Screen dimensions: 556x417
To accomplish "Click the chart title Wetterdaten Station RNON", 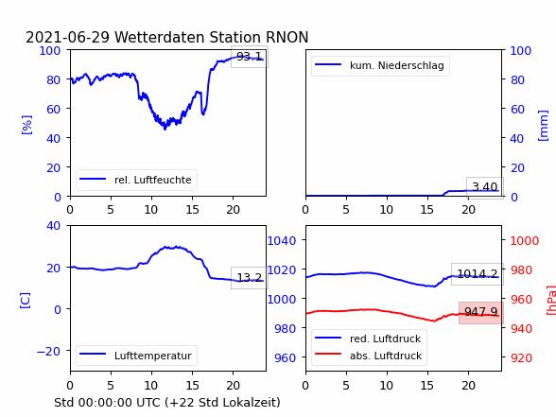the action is (212, 37).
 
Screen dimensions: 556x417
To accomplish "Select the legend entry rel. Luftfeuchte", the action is (136, 180).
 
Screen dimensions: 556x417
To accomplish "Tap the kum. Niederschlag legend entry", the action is (379, 65).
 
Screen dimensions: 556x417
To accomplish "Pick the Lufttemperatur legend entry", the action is (136, 356).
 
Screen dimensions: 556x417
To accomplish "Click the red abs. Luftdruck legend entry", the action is (369, 356).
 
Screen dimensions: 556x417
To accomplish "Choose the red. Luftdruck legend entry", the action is (368, 339).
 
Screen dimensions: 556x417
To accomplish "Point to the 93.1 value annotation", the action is (250, 57).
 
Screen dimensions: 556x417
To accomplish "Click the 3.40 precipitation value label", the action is (485, 187).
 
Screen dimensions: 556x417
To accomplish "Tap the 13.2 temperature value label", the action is (250, 278).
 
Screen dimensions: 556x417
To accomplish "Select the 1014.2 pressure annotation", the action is (478, 274).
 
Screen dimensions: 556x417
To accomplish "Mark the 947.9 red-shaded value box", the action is (481, 312).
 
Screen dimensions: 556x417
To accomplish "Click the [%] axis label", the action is (26, 125).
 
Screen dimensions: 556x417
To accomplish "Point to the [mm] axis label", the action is (543, 126).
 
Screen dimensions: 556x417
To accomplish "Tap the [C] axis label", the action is (25, 301).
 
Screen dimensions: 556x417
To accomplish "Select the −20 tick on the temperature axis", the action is (48, 352).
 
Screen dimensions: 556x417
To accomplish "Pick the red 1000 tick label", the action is (525, 241).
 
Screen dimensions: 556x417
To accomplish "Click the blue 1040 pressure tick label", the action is (282, 241).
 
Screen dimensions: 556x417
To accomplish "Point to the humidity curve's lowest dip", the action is (165, 129).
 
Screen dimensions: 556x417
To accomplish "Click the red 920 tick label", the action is (521, 357).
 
